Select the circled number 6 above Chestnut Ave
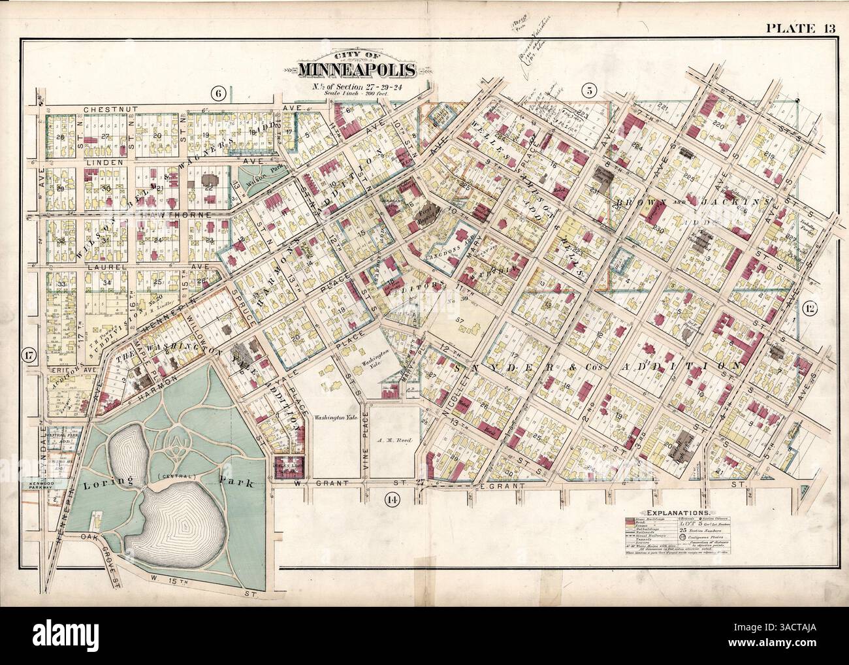pos(219,93)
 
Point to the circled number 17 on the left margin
pos(29,356)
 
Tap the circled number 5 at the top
pos(588,92)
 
